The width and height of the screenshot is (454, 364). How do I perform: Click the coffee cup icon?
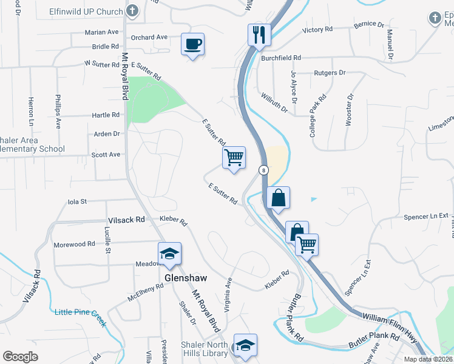click(192, 44)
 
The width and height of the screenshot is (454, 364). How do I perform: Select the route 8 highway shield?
click(263, 170)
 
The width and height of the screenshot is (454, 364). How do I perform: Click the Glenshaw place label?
click(186, 278)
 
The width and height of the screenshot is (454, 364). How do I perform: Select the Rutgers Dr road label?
click(330, 73)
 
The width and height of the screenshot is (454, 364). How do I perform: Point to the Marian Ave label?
click(102, 32)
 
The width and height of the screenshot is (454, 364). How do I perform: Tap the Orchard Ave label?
click(149, 37)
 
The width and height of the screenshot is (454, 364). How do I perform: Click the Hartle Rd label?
click(106, 115)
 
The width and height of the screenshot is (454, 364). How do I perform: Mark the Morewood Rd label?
click(74, 244)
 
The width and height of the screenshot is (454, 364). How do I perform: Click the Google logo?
click(20, 357)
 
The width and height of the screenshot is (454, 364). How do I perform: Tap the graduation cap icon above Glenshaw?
click(169, 254)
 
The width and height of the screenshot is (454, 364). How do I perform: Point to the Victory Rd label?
click(317, 29)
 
